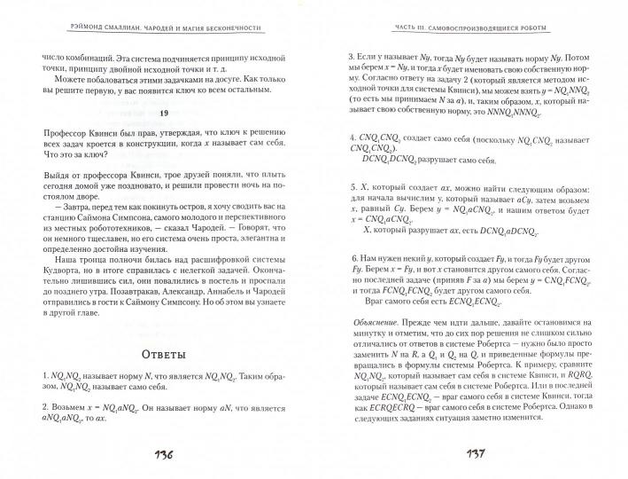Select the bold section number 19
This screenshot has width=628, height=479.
point(162,112)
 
